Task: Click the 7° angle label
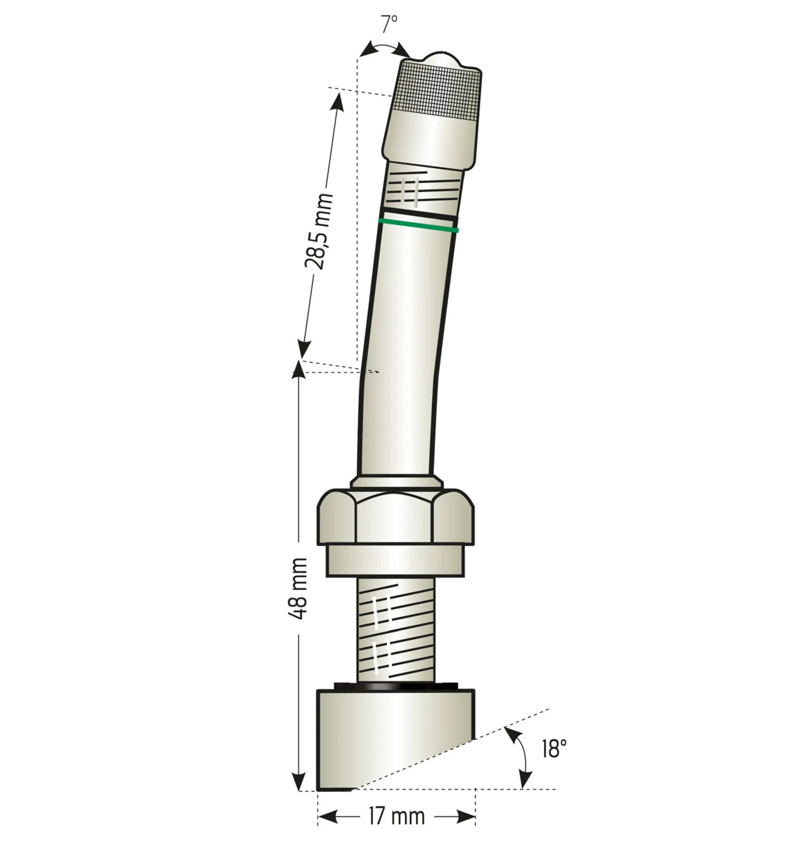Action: coord(388,24)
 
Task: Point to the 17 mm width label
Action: coord(397,816)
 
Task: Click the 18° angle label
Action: coord(554,749)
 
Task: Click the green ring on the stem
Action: coord(418,225)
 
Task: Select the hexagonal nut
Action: coord(396,517)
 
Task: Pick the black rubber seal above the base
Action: coord(396,686)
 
